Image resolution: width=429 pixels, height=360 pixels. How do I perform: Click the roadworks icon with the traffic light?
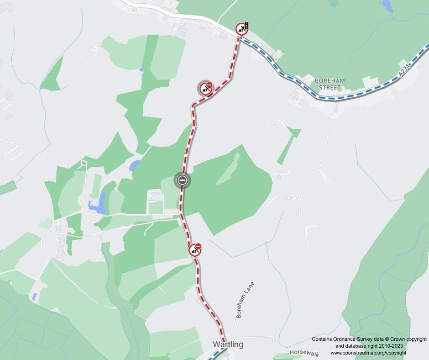[x=242, y=29]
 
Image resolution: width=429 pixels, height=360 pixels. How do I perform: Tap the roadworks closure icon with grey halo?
[x=206, y=89]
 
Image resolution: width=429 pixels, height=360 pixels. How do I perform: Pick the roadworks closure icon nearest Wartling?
[x=195, y=250]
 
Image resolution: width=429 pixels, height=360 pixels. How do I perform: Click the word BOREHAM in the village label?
[x=330, y=81]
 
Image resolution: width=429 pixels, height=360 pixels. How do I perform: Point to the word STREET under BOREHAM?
[x=330, y=87]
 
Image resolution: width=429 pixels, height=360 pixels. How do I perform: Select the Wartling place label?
[x=228, y=344]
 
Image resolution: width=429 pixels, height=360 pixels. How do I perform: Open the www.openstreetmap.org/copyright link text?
[x=368, y=353]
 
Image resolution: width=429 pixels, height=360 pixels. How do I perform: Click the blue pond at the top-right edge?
[x=387, y=6]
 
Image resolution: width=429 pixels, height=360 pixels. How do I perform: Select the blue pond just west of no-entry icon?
[x=135, y=165]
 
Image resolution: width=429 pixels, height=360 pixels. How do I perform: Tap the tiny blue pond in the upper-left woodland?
[x=141, y=69]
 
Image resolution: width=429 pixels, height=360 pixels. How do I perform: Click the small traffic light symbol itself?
[x=246, y=26]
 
